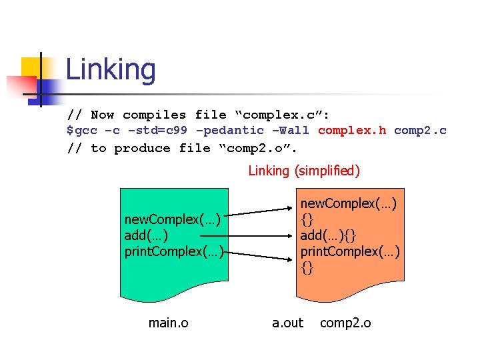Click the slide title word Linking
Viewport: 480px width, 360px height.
tap(111, 70)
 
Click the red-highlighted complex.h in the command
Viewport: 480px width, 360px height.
tap(351, 131)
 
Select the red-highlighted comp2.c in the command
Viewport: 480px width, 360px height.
tap(420, 131)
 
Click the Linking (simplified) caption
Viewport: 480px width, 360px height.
tap(304, 171)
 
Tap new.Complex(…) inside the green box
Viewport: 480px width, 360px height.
tap(172, 219)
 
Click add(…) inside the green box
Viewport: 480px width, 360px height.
tap(146, 235)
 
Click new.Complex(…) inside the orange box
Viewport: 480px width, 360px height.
tap(349, 203)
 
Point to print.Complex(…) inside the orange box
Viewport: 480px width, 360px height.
tap(350, 251)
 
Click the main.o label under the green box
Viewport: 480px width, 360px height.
tap(168, 323)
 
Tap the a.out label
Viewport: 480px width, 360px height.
tap(287, 323)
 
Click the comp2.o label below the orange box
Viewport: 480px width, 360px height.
tap(345, 323)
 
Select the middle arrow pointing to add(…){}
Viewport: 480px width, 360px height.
tap(260, 235)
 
